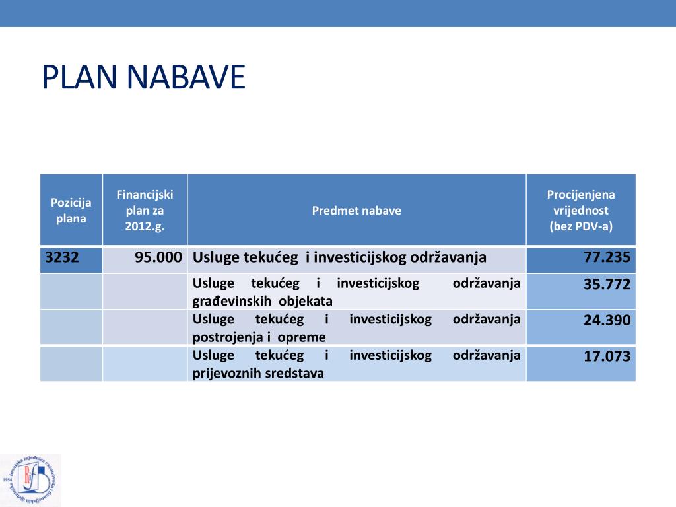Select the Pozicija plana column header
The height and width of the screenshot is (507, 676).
point(71,211)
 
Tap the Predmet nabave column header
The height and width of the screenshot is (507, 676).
point(356,211)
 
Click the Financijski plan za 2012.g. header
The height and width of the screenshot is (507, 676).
point(145,211)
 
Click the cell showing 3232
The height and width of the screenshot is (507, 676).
point(62,257)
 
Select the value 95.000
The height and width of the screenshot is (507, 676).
point(158,257)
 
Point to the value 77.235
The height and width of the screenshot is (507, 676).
point(607,257)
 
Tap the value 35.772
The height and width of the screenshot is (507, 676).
point(607,285)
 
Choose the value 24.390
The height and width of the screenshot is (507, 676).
point(607,321)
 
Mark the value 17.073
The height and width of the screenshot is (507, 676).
point(607,357)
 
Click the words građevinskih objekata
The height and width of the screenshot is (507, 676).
point(262,302)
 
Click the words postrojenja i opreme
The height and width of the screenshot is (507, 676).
point(259,337)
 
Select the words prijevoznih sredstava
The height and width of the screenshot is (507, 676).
point(258,373)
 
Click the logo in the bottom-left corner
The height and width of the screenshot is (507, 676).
point(30,480)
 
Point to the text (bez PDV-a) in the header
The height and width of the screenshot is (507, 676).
point(581,226)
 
